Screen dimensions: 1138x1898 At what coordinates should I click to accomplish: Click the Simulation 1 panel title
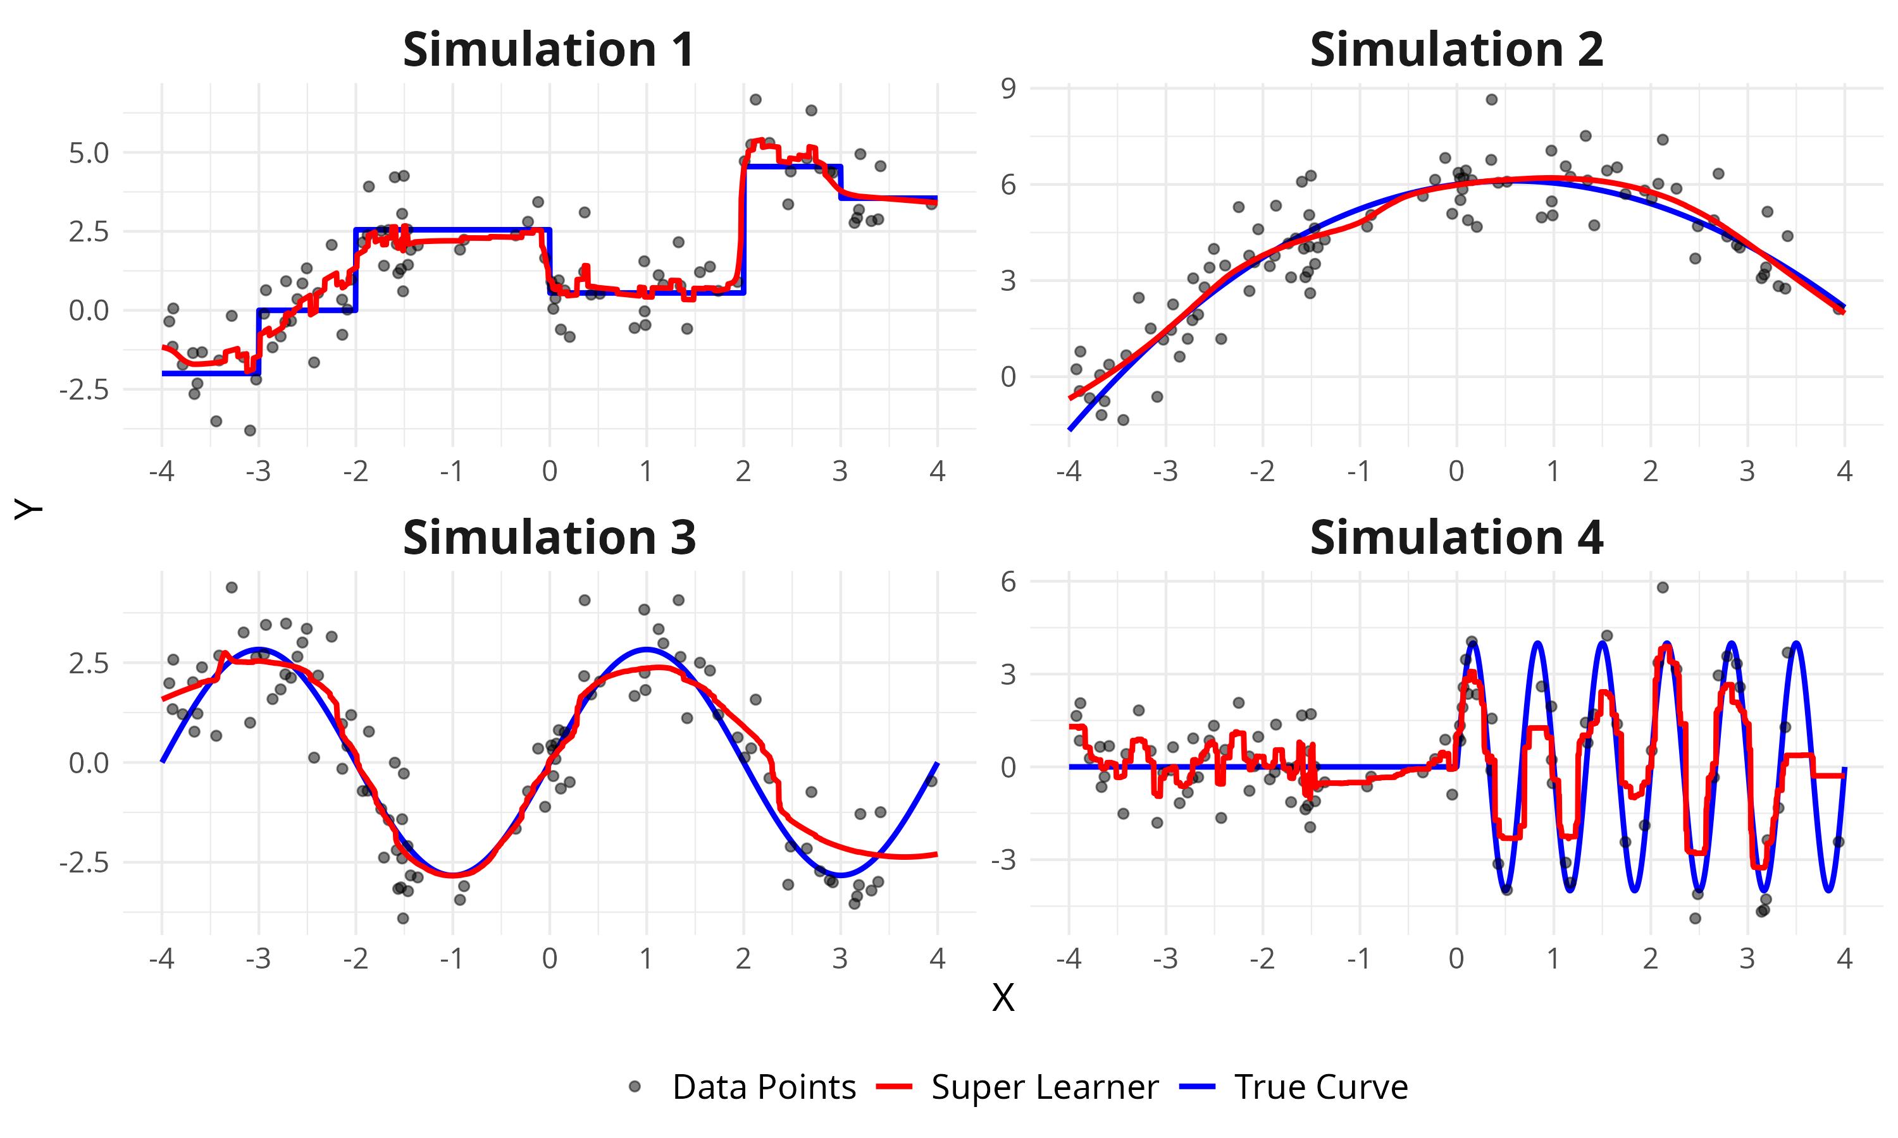549,51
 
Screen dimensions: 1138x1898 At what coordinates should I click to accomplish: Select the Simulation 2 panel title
1456,51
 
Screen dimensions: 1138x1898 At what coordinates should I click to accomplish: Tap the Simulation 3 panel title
549,538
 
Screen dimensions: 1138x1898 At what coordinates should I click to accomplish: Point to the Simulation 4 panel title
1456,538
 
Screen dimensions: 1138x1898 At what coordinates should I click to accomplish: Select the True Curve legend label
1321,1087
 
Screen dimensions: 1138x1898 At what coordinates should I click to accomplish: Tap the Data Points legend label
764,1087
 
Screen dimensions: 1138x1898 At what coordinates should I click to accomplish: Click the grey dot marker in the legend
635,1087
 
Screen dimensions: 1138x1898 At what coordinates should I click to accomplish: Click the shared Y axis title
28,508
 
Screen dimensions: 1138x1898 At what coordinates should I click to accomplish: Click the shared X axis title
1003,998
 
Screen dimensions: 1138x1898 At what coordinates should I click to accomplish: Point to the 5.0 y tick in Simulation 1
89,154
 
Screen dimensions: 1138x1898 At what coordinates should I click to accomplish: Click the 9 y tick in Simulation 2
1008,89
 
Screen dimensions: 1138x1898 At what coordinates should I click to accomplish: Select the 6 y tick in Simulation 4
1008,582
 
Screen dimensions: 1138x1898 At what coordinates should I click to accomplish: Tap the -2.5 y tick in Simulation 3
84,863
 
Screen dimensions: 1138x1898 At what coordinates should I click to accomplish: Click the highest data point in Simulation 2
1491,100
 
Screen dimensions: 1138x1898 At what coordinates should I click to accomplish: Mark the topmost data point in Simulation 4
1663,587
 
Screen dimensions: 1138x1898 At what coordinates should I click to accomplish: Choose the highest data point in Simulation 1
755,100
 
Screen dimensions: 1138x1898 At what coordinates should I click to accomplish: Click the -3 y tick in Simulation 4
1003,860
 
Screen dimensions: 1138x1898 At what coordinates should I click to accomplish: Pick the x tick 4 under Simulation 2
1844,471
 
